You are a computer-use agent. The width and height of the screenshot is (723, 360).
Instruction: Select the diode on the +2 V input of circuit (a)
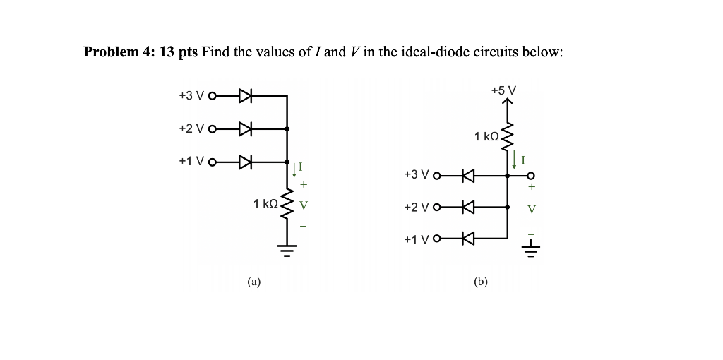pos(246,129)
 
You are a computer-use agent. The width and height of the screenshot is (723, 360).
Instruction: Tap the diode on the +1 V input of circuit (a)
pos(246,162)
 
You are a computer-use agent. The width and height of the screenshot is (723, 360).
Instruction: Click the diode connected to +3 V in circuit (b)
pos(467,174)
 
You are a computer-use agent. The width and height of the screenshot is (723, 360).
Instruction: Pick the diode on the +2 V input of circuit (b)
pos(467,208)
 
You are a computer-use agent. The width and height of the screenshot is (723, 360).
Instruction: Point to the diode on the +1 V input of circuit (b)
pos(467,239)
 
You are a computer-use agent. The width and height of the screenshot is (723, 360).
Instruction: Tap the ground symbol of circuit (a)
pos(287,248)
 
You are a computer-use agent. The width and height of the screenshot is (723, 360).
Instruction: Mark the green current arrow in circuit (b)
pos(515,160)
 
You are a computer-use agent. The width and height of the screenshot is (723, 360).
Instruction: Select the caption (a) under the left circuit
pos(253,282)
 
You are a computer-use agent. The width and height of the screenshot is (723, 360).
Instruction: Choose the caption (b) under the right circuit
pos(481,282)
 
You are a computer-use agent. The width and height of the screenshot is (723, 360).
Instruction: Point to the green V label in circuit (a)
pos(303,207)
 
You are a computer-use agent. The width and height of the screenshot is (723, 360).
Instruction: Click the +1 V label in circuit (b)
pos(416,239)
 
